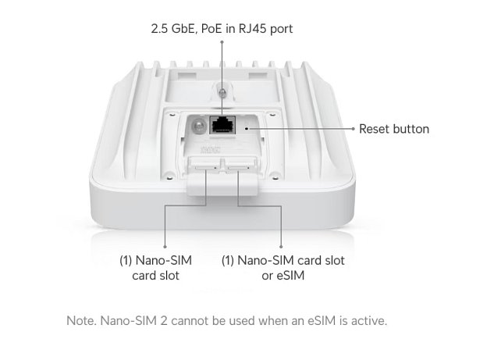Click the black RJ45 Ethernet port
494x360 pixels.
click(x=224, y=123)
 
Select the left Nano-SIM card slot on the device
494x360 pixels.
click(x=206, y=166)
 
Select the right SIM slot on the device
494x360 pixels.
click(x=238, y=166)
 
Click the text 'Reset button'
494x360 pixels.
click(x=394, y=129)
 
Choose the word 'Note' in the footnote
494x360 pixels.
click(x=81, y=321)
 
